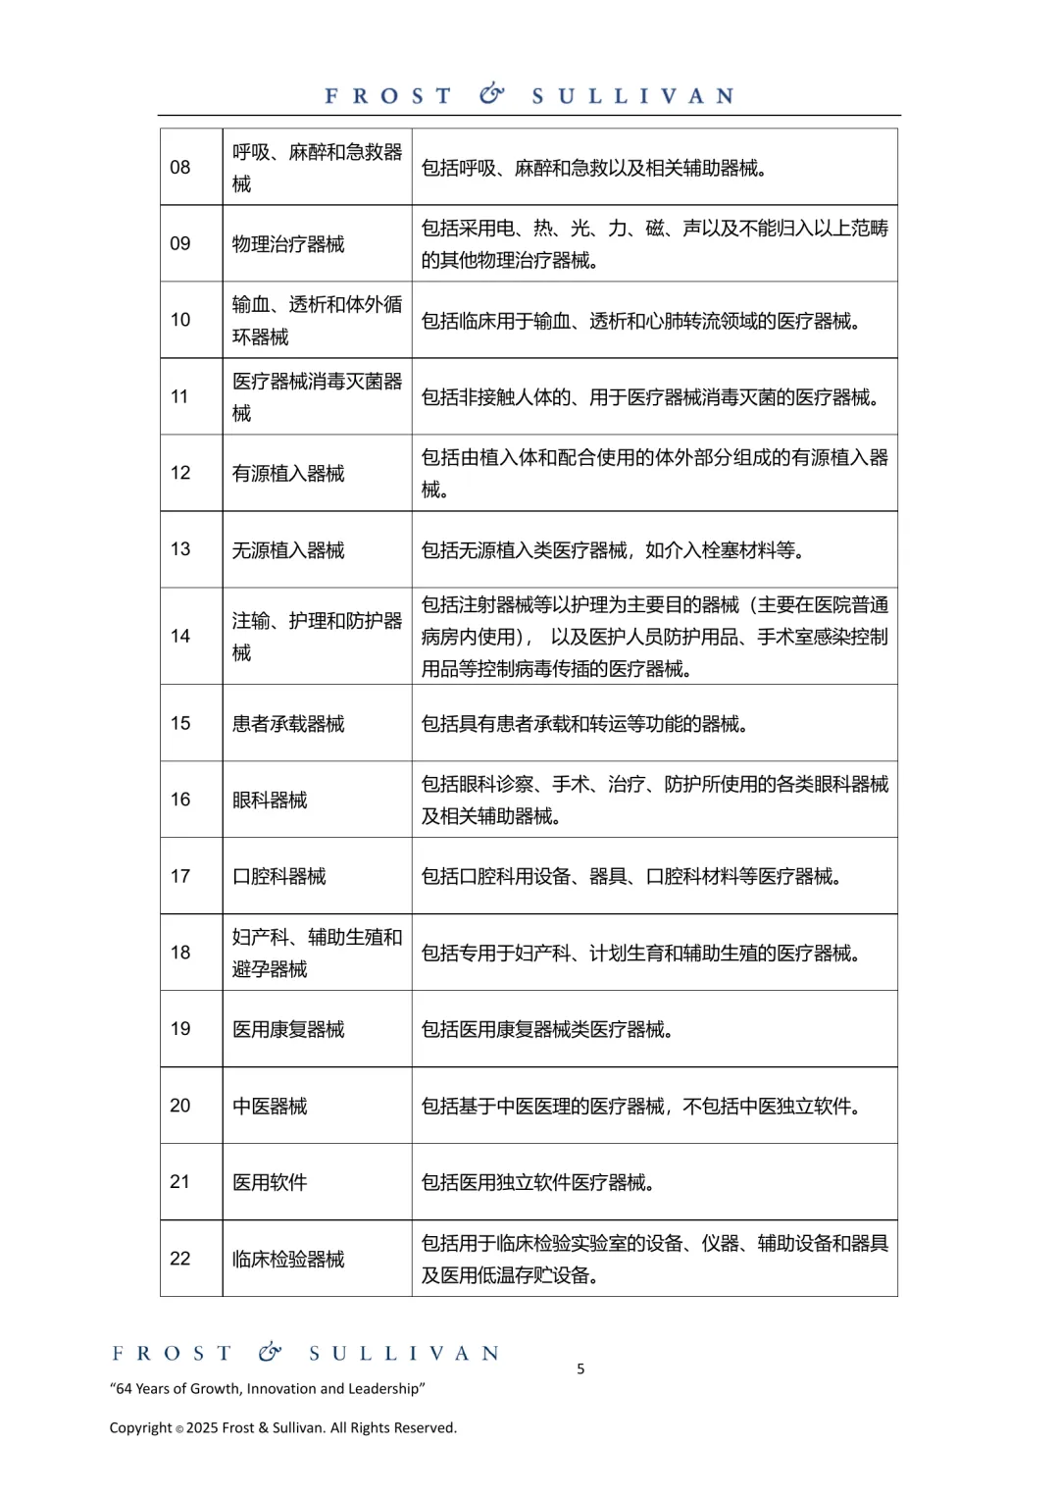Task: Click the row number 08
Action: click(x=180, y=168)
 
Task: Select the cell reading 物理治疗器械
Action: click(x=288, y=244)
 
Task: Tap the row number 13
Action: click(x=180, y=549)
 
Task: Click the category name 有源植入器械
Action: click(x=288, y=474)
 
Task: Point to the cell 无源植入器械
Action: click(x=288, y=550)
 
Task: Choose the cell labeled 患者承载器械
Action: click(x=288, y=724)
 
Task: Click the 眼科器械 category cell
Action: click(x=270, y=801)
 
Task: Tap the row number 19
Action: click(x=180, y=1029)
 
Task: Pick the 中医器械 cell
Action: click(x=270, y=1107)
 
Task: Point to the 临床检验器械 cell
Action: click(x=288, y=1260)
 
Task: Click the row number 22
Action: click(x=180, y=1259)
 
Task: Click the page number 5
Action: click(x=580, y=1369)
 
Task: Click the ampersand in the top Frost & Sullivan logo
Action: click(x=491, y=94)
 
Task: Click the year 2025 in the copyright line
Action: click(x=201, y=1428)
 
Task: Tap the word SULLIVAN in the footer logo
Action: click(x=404, y=1354)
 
